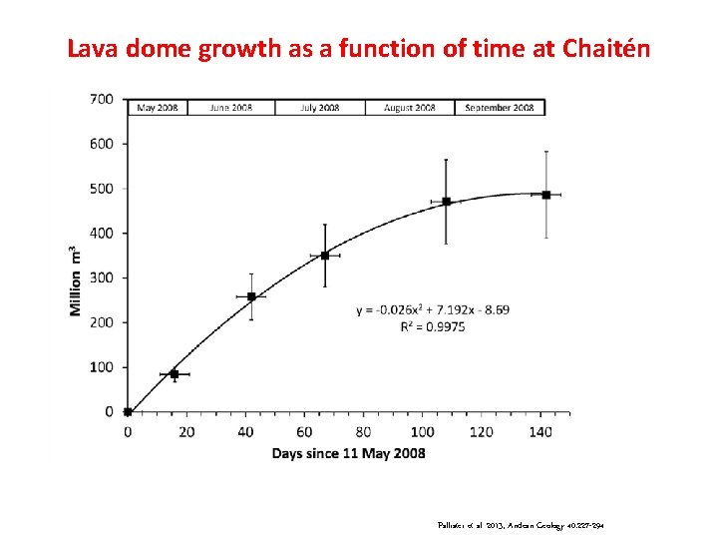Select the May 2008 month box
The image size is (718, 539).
pos(157,107)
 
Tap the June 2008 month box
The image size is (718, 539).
pos(230,107)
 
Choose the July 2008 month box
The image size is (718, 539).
pos(319,107)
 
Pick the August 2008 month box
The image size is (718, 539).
pos(409,107)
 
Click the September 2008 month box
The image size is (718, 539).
pos(500,107)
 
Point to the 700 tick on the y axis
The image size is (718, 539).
pos(102,99)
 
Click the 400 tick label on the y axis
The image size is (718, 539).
pos(102,233)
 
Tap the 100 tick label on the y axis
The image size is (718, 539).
pos(102,367)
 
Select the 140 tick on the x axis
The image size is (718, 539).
pos(539,431)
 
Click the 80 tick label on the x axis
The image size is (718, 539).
pos(363,431)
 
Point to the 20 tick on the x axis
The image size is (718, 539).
pos(186,431)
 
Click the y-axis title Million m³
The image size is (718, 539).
pos(75,280)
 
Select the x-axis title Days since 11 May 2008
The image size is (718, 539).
pos(348,453)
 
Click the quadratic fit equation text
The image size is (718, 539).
pos(432,309)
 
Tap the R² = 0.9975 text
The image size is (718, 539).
pos(432,325)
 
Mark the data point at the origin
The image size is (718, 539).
pos(128,411)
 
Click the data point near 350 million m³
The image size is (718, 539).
pos(324,256)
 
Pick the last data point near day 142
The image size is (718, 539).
pos(545,195)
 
